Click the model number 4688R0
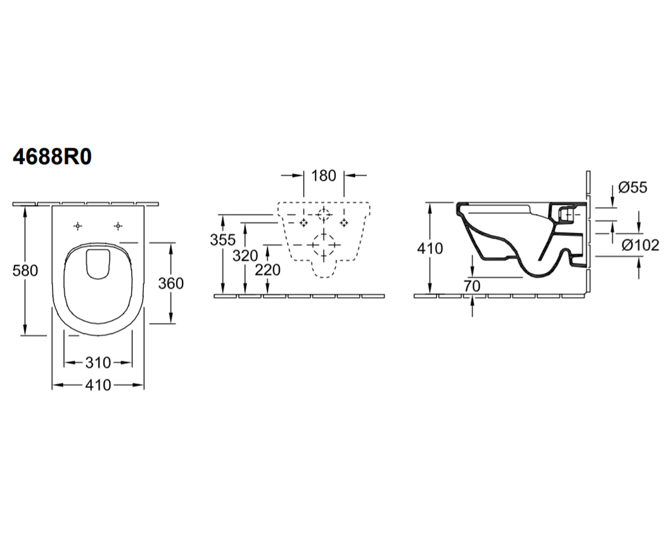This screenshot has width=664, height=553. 52,157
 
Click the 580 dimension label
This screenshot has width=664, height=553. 25,271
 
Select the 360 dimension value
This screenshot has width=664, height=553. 171,284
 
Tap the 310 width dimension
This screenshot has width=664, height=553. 98,363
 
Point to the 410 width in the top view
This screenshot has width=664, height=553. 98,385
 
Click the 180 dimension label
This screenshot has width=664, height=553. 324,176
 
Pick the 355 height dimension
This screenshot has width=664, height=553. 222,240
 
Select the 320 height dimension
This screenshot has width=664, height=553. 245,256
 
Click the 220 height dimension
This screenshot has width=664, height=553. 268,270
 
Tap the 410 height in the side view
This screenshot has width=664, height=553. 430,248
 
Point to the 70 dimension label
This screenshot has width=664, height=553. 472,286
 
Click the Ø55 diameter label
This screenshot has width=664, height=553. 632,187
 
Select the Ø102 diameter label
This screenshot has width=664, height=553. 640,246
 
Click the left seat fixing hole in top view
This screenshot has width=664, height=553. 77,226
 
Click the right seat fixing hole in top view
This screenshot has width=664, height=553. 118,226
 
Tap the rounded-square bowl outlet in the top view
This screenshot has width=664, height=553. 98,265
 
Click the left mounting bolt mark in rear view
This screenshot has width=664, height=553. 304,223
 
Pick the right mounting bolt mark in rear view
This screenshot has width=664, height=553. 344,223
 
